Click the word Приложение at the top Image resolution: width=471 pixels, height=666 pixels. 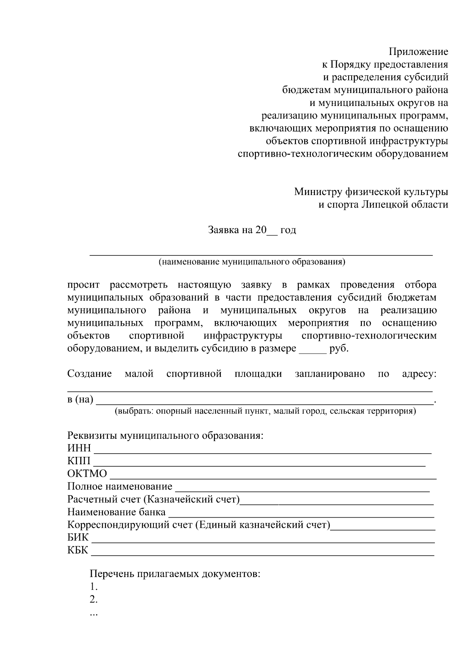418,52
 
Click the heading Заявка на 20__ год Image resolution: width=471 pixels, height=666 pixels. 252,230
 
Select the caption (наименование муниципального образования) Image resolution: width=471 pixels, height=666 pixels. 252,262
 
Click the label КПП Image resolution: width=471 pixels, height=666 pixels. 78,461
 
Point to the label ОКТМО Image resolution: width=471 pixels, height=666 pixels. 87,474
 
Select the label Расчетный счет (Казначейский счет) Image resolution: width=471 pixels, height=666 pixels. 153,500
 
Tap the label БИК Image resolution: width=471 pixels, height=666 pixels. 78,538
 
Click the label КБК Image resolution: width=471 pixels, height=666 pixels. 78,550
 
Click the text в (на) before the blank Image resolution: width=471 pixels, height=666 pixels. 80,400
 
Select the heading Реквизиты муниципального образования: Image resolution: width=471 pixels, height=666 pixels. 165,436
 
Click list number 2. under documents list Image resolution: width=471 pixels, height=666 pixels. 93,600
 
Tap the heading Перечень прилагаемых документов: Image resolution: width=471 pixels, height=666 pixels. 175,574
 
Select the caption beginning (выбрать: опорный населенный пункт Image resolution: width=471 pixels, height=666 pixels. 265,411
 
